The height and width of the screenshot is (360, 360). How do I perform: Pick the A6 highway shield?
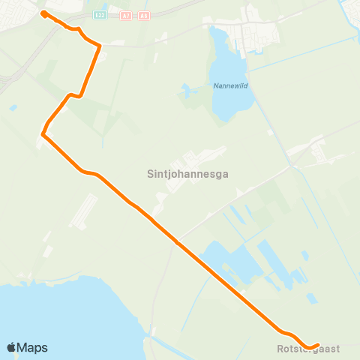point(144,14)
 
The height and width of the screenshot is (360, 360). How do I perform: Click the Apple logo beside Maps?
point(12,347)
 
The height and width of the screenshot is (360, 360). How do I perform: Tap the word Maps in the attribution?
point(33,347)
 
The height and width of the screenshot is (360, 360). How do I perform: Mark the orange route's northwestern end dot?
point(43,13)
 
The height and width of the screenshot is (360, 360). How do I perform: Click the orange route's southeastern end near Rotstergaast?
point(318,345)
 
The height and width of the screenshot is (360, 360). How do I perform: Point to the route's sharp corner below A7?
point(100,46)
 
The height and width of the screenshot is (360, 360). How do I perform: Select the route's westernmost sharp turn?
point(43,135)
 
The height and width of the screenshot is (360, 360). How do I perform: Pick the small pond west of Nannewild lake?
point(184,91)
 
